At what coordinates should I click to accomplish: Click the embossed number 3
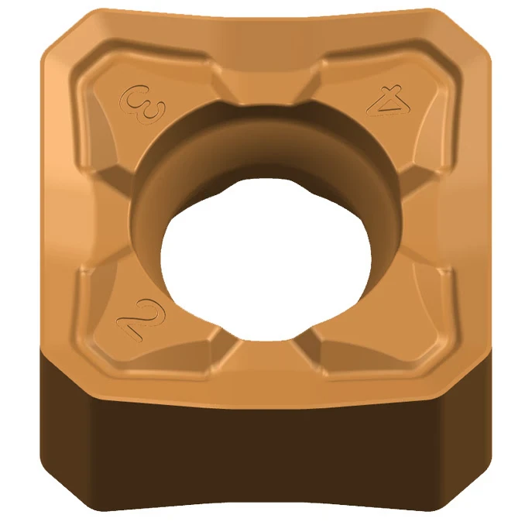(142, 105)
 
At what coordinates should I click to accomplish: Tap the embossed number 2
(141, 321)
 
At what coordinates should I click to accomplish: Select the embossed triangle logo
(389, 101)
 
